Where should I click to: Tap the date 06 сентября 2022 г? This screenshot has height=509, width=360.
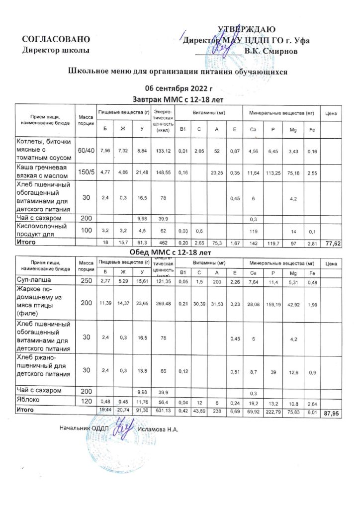178,89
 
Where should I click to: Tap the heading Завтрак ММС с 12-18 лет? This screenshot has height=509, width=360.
178,98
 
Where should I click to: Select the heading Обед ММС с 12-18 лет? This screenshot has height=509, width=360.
178,252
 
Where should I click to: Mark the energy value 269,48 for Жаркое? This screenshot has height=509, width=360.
163,303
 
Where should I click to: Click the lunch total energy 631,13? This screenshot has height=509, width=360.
163,410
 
